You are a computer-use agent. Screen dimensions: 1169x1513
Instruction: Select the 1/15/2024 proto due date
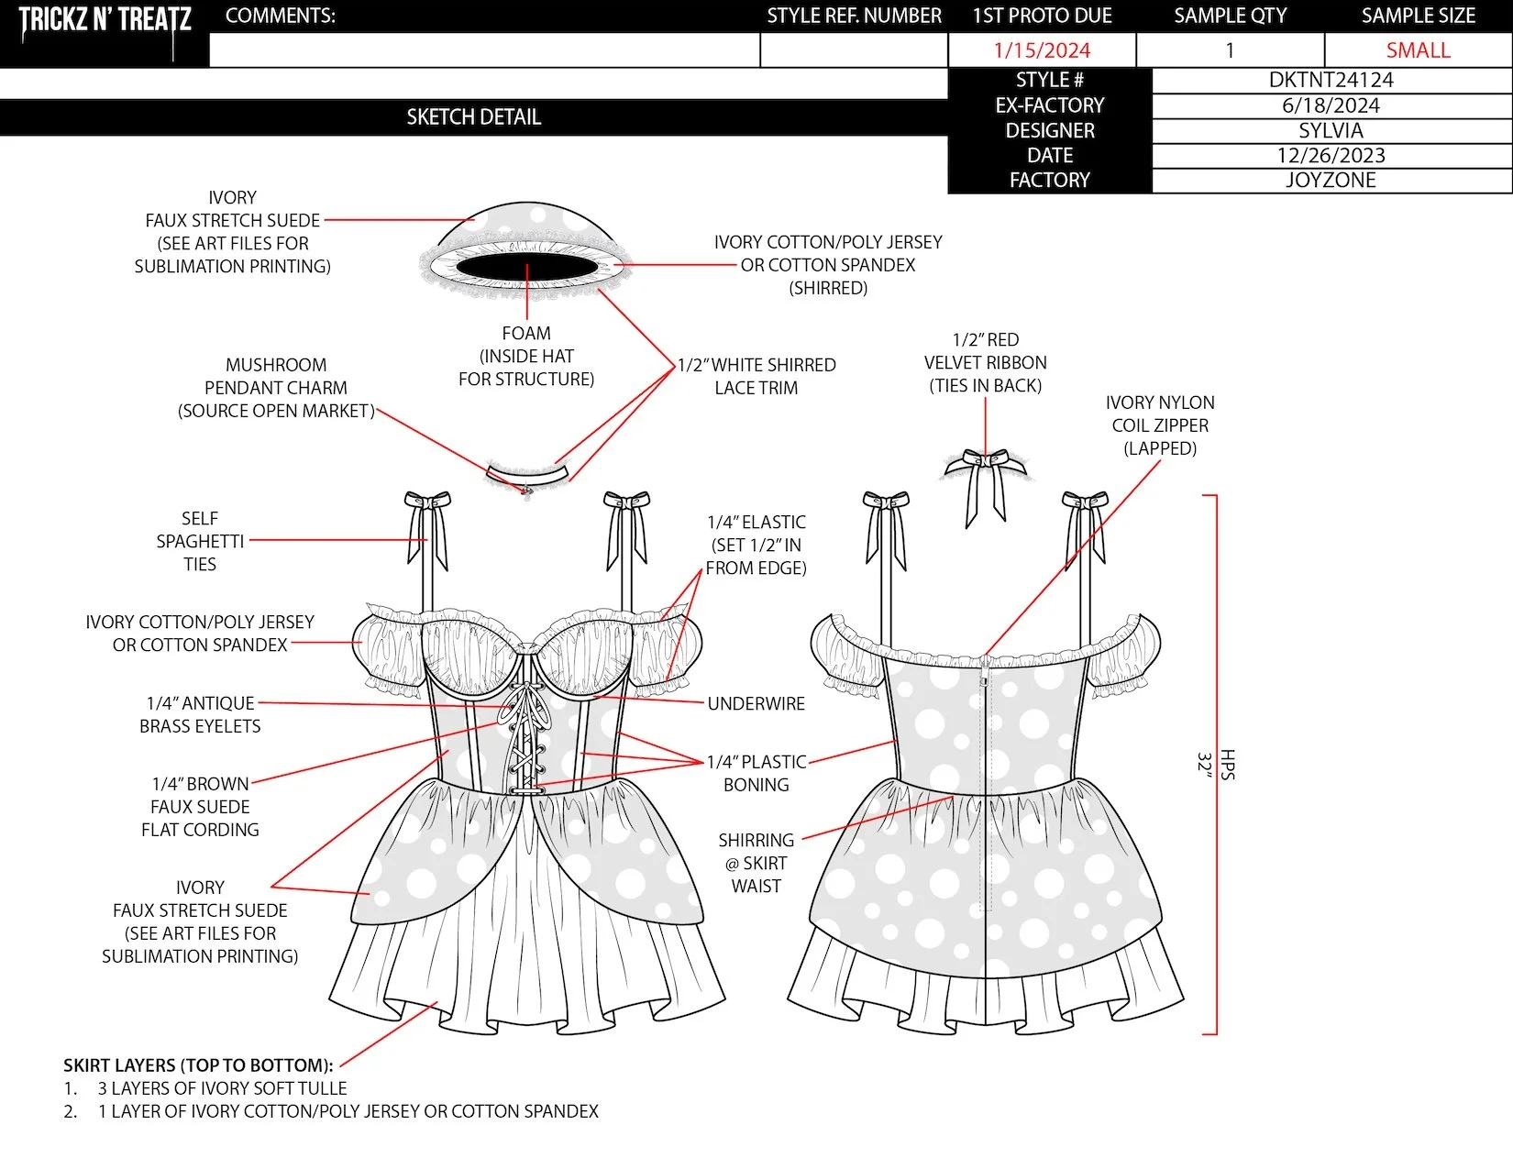(x=1042, y=50)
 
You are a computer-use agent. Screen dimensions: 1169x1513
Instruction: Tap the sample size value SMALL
(x=1418, y=50)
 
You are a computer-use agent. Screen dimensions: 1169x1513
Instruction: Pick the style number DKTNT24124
(x=1331, y=80)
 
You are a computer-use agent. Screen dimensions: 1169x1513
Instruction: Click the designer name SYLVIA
(x=1331, y=130)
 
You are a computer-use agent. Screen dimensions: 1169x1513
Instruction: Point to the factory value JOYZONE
(x=1331, y=180)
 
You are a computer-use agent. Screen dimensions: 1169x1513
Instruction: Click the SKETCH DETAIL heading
(x=473, y=117)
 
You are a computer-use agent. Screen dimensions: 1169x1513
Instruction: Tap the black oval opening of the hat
(x=526, y=266)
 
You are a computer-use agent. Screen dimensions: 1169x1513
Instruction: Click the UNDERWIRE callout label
(x=756, y=703)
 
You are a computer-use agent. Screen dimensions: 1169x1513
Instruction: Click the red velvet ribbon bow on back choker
(x=985, y=458)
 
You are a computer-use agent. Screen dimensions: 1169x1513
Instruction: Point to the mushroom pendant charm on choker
(x=526, y=491)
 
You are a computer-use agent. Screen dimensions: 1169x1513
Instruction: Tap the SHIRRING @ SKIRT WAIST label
(x=756, y=863)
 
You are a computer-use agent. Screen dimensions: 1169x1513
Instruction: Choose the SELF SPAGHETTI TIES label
(x=199, y=541)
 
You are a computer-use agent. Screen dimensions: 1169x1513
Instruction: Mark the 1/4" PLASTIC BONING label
(x=756, y=773)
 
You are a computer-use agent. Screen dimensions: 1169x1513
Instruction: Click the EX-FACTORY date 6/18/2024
(x=1331, y=105)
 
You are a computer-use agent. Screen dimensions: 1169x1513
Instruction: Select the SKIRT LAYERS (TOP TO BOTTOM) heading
(x=198, y=1065)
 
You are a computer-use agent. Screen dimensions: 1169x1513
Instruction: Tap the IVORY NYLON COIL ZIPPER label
(x=1160, y=425)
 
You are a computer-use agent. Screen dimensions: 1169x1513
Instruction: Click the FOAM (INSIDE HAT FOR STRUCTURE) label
(x=526, y=356)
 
